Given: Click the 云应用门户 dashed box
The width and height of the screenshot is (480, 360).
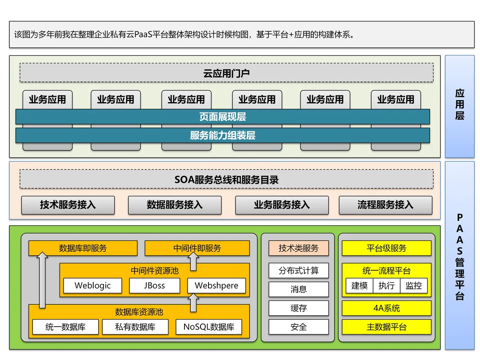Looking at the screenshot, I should pyautogui.click(x=226, y=73).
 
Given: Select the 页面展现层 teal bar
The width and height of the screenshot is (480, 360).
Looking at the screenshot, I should pyautogui.click(x=222, y=117).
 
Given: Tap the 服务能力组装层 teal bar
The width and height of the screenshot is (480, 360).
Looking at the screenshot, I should pyautogui.click(x=222, y=136).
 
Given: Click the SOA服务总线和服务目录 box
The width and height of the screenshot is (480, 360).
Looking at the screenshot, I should pyautogui.click(x=226, y=180).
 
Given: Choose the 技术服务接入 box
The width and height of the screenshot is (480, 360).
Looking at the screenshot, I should pyautogui.click(x=68, y=205).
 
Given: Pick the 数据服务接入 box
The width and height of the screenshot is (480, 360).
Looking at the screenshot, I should pyautogui.click(x=175, y=205).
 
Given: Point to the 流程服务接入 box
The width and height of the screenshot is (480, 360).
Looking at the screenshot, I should pyautogui.click(x=385, y=205).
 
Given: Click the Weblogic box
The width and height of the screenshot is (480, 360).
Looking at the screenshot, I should pyautogui.click(x=92, y=286).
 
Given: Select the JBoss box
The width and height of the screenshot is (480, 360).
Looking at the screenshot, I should pyautogui.click(x=154, y=286).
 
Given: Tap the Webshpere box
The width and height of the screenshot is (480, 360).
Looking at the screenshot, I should pyautogui.click(x=216, y=286).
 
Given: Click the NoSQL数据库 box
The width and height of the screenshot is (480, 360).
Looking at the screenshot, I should pyautogui.click(x=208, y=327).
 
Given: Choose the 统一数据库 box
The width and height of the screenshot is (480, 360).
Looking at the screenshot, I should pyautogui.click(x=65, y=327).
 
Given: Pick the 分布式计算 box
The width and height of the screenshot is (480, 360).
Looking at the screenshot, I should pyautogui.click(x=299, y=271).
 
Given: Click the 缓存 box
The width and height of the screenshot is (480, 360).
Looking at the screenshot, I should pyautogui.click(x=299, y=308).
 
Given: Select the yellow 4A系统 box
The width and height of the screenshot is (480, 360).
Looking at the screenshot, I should pyautogui.click(x=386, y=308).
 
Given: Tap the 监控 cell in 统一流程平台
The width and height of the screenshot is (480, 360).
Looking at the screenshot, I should pyautogui.click(x=414, y=286).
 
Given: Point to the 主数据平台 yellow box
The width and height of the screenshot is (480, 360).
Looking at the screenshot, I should pyautogui.click(x=386, y=327).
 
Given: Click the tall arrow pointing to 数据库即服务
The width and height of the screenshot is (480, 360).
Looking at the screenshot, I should pyautogui.click(x=42, y=280).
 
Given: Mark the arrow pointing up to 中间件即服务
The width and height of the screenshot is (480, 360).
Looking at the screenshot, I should pyautogui.click(x=194, y=262).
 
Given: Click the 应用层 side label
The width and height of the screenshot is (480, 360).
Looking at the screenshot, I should pyautogui.click(x=460, y=105).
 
